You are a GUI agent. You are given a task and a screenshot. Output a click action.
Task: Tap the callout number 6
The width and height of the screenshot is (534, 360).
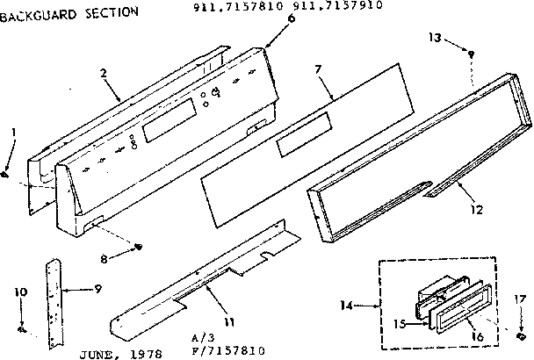pos(267,18)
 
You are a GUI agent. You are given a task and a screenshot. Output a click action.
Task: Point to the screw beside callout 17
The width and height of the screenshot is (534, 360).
pos(520,335)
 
